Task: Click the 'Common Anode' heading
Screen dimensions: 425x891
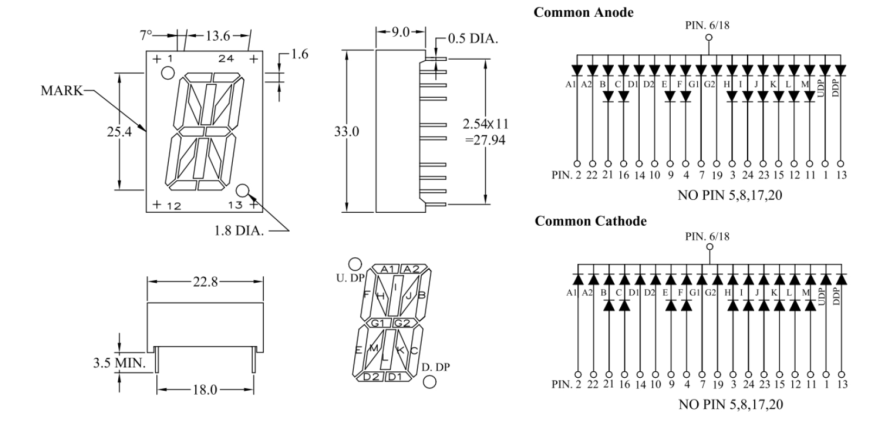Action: point(583,12)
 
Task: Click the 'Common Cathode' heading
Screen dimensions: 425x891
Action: point(590,221)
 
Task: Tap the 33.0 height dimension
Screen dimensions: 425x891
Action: point(346,131)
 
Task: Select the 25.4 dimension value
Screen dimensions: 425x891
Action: point(119,131)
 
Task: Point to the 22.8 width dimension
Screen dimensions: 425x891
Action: point(205,282)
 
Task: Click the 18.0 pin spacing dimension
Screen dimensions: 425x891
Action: point(205,390)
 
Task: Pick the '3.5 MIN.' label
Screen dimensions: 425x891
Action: point(119,363)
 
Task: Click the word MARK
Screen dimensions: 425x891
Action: point(62,91)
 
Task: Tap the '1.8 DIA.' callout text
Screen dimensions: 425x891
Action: point(239,231)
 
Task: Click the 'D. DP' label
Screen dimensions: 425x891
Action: point(436,367)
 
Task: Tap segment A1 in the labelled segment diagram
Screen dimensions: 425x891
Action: point(389,269)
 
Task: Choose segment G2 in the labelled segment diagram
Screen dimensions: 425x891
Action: point(404,323)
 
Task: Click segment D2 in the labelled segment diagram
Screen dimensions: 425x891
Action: point(372,377)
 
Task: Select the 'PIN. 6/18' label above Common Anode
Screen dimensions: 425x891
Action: point(707,25)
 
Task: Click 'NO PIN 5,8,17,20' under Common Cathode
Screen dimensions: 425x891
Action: point(730,404)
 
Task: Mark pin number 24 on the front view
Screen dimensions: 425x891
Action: point(226,59)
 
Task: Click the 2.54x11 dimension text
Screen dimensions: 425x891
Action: point(486,124)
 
